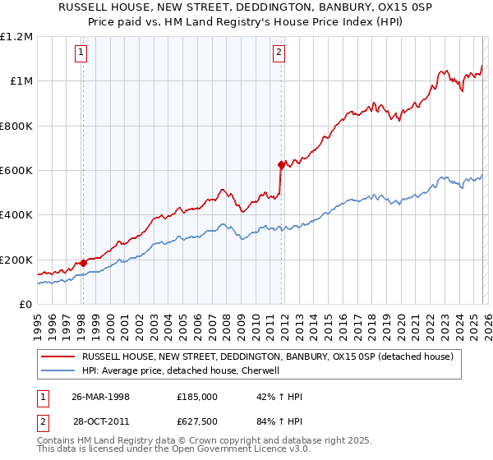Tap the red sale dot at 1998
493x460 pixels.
click(x=84, y=263)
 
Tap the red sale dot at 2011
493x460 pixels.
click(x=281, y=165)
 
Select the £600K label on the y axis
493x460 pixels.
click(x=16, y=171)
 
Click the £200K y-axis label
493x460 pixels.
click(x=16, y=260)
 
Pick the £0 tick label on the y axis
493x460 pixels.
click(x=25, y=305)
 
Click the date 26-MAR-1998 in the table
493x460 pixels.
click(x=100, y=397)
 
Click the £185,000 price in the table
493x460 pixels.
click(x=196, y=397)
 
